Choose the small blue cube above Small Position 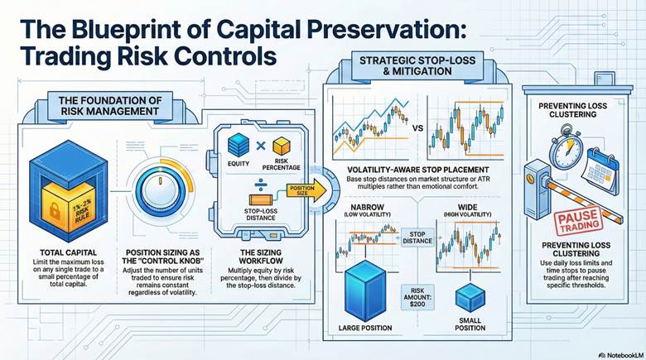[x=469, y=296]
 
